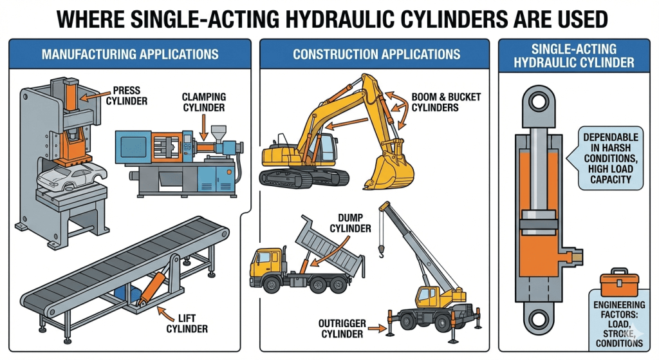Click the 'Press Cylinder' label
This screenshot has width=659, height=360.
(131, 96)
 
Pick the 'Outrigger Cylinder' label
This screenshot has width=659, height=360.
(342, 327)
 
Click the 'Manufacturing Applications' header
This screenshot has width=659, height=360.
(129, 53)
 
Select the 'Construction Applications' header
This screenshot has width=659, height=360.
(376, 53)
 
